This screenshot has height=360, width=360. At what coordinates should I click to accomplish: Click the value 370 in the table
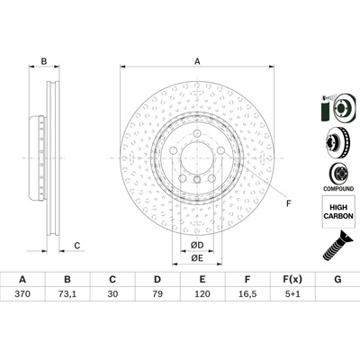(22, 293)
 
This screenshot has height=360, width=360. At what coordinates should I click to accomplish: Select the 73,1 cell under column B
(67, 293)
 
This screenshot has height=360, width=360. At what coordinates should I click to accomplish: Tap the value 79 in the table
(157, 293)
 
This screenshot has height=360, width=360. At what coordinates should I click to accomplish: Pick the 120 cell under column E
(202, 293)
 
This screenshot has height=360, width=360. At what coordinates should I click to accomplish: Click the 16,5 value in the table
(247, 293)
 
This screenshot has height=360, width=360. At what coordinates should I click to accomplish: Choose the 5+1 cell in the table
(292, 293)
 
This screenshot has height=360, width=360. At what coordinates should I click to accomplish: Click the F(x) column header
(292, 280)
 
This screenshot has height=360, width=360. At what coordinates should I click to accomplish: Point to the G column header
(337, 280)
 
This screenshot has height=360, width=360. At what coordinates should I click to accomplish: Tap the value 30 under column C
(112, 293)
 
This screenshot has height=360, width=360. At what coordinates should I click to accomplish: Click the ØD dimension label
(197, 246)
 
